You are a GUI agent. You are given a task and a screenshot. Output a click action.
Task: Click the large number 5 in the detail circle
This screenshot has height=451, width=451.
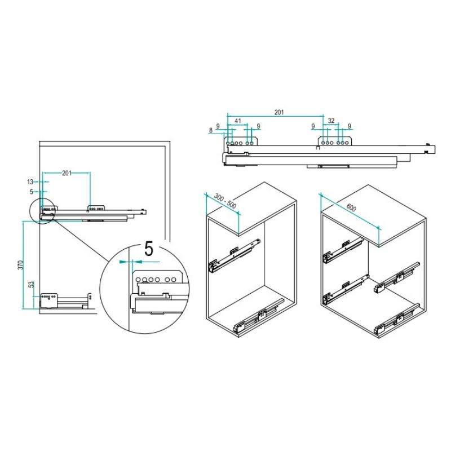click(x=149, y=249)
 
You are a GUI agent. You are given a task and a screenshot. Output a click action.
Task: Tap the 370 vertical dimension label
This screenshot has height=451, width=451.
click(x=20, y=265)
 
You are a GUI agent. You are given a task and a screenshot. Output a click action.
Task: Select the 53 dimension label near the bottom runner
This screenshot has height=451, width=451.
click(x=32, y=285)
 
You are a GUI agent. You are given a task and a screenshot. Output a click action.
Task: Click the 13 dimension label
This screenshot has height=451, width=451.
click(x=30, y=182)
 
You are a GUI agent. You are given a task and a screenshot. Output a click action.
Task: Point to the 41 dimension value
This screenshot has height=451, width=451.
click(x=237, y=121)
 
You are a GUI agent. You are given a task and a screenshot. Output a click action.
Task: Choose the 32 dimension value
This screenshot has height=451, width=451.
click(x=331, y=121)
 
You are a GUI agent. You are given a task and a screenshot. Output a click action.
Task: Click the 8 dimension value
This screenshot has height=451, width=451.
click(x=211, y=130)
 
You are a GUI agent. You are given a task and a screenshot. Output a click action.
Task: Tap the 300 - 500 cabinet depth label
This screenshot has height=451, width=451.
click(x=225, y=201)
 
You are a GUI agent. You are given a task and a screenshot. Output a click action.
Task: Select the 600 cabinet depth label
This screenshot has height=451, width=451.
click(x=351, y=207)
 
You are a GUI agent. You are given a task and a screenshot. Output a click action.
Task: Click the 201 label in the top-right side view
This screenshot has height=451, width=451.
click(x=279, y=112)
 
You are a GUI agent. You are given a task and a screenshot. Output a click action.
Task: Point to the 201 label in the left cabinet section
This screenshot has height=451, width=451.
click(x=67, y=173)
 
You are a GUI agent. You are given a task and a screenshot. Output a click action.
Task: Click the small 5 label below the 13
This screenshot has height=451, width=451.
click(x=32, y=192)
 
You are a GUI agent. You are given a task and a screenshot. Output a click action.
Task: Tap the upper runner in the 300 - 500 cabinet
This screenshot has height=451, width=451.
click(x=234, y=255)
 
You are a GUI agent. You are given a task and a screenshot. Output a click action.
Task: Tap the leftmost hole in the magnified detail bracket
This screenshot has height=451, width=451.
click(x=138, y=279)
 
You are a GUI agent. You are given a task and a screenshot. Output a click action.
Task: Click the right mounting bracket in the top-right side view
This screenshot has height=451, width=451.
click(x=335, y=142)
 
